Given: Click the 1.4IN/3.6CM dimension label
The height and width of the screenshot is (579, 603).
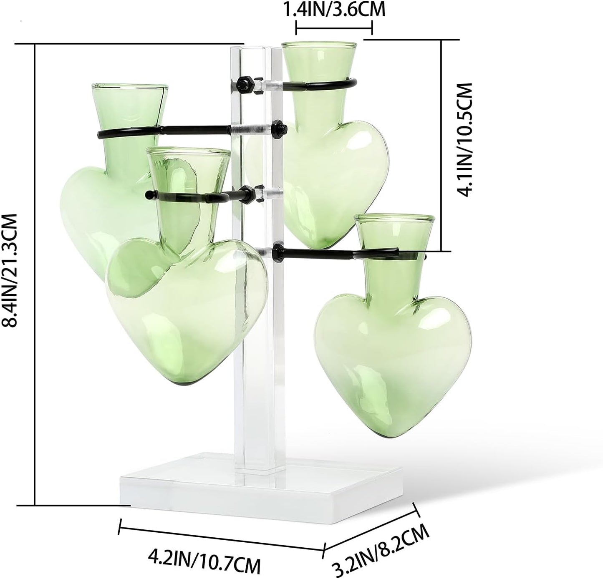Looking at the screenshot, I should point(334,9).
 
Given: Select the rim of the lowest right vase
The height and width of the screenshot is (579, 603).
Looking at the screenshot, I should point(395,219).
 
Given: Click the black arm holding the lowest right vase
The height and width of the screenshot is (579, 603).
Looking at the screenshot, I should point(334,252).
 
